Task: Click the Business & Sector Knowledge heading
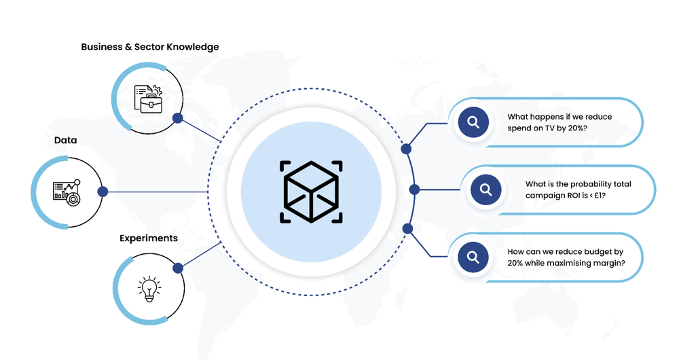149,47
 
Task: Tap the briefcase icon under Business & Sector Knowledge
148,99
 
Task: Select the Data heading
66,140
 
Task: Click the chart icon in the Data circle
67,192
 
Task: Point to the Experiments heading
149,238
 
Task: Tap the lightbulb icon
148,288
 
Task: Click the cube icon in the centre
311,192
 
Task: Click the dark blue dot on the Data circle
103,192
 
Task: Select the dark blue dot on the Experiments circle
178,268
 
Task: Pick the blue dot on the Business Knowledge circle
178,118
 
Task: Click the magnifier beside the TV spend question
473,122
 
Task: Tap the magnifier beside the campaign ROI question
486,190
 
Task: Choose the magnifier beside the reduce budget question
473,257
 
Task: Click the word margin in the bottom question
610,262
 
